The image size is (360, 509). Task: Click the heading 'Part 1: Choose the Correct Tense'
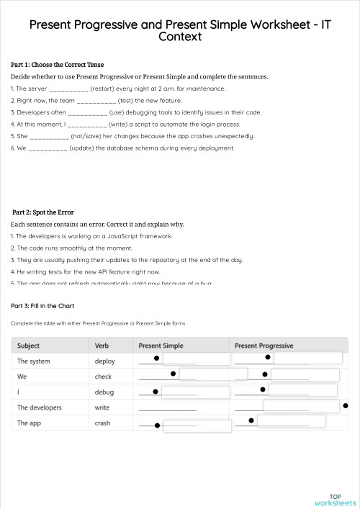click(58, 65)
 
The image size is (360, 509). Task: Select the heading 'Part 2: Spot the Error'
click(43, 212)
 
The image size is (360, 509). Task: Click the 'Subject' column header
click(29, 346)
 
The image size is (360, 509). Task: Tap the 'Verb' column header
click(103, 346)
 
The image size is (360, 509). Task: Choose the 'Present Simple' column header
click(161, 346)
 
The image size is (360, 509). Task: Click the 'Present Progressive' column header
click(264, 346)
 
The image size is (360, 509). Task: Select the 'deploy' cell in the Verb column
click(104, 361)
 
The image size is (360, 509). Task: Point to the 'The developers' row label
click(40, 407)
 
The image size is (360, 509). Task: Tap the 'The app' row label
click(30, 423)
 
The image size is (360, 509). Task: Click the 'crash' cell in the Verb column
click(103, 423)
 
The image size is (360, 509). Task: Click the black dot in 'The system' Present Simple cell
click(156, 357)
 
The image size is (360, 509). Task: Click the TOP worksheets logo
click(335, 500)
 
